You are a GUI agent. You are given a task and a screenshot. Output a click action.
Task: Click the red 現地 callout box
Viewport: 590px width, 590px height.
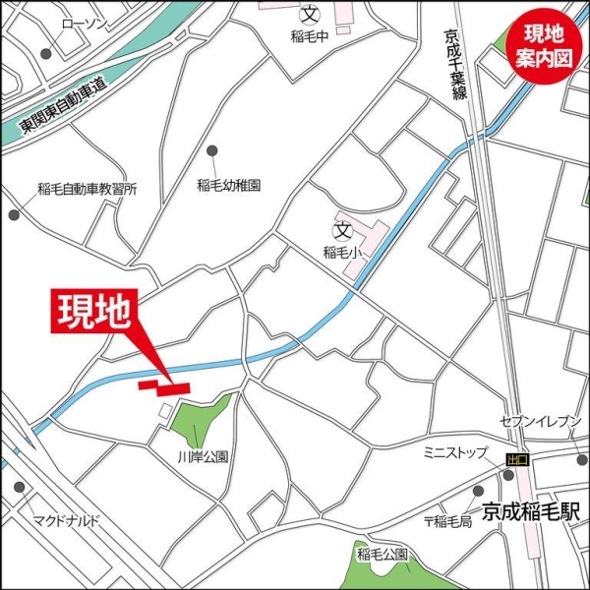pos(93,311)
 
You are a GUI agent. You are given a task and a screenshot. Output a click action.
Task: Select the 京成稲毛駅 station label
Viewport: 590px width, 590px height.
pos(532,511)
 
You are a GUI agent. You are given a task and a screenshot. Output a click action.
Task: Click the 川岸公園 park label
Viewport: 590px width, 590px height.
pos(203,456)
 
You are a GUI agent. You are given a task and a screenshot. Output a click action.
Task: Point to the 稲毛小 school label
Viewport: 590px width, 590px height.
pos(342,252)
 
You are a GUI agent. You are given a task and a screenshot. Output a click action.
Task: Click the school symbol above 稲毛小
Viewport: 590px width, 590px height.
pos(342,231)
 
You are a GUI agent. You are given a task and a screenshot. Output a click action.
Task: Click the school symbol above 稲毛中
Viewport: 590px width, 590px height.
pos(311,14)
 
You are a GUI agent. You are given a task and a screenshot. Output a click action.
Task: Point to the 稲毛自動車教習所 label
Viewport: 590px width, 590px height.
pos(87,189)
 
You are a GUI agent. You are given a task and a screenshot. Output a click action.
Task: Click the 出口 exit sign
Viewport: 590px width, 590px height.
pos(517,459)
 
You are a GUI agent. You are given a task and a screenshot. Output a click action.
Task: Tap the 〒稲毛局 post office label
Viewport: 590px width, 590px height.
pos(448,521)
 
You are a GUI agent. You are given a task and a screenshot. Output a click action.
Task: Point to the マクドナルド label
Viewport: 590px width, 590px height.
pos(66,519)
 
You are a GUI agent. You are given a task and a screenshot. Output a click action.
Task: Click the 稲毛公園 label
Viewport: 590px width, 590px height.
pos(383,553)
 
